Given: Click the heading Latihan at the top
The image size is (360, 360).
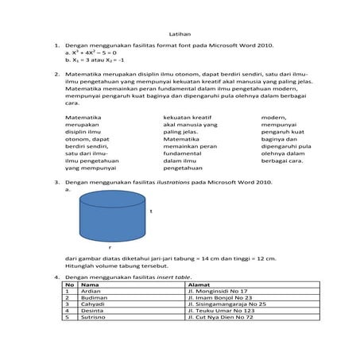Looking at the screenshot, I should tap(180, 34).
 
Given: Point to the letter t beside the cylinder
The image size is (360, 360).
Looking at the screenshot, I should tap(151, 211).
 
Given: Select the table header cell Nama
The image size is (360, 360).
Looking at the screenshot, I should tap(90, 285).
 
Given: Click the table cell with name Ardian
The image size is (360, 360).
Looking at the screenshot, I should tap(91, 292).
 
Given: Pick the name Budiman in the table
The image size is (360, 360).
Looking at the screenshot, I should tap(93, 298).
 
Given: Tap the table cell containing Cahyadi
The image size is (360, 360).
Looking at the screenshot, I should tap(93, 304).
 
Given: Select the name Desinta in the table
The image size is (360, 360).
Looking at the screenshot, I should tap(92, 311).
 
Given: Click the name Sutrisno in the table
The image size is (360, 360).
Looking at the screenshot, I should tap(93, 317).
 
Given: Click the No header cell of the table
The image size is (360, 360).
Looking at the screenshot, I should tap(69, 285).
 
